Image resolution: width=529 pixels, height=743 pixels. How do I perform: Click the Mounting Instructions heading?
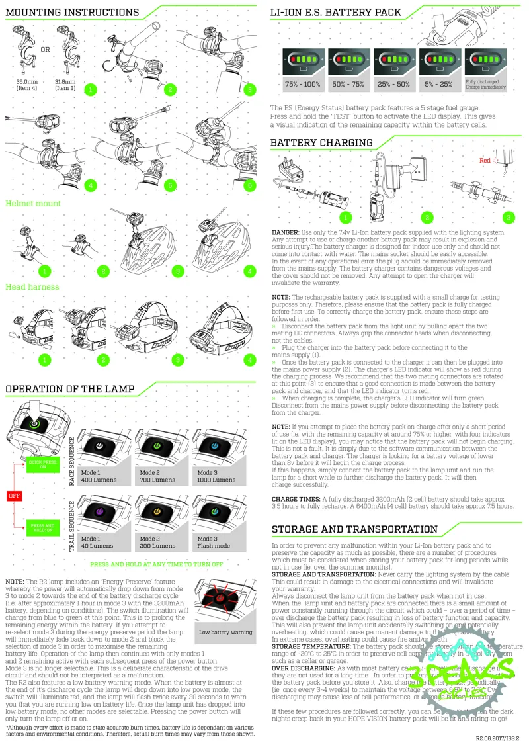point(72,13)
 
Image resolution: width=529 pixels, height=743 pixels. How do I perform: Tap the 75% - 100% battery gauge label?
point(303,85)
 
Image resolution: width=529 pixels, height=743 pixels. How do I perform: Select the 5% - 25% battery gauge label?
point(438,85)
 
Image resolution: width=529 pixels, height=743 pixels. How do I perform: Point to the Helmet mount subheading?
point(33,204)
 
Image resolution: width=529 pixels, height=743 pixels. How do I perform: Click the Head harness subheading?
point(32,287)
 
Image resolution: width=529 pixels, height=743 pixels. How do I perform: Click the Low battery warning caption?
point(225,633)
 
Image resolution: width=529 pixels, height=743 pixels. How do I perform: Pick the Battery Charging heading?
point(321,143)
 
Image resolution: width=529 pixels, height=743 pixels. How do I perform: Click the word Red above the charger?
point(485,160)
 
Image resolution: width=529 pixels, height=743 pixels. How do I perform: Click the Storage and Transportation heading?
point(354,529)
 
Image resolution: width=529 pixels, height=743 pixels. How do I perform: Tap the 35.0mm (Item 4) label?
point(26,85)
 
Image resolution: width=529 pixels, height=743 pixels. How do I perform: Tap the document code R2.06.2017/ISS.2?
point(498,737)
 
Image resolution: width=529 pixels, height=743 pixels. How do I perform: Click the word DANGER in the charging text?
point(286,233)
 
